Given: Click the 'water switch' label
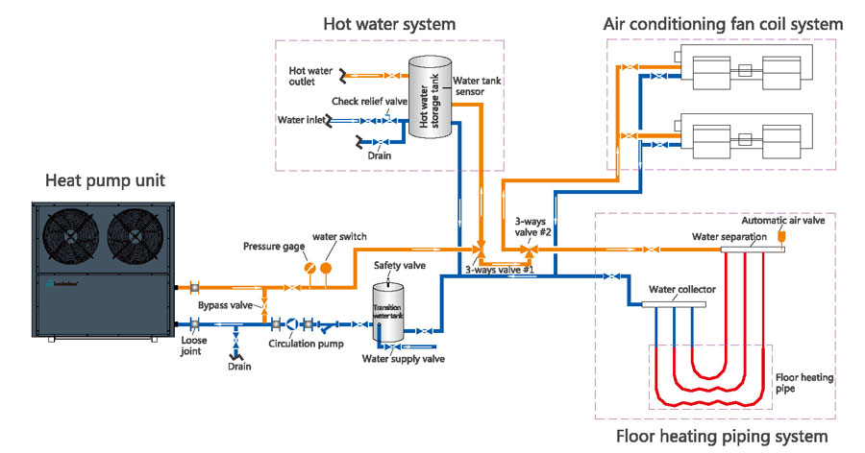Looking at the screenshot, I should (x=338, y=237).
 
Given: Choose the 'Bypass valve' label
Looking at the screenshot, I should (x=226, y=304).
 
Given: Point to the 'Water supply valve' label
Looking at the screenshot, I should (x=404, y=359).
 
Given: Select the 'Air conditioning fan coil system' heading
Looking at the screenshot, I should (x=723, y=23).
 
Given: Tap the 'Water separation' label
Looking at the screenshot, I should (x=729, y=236).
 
